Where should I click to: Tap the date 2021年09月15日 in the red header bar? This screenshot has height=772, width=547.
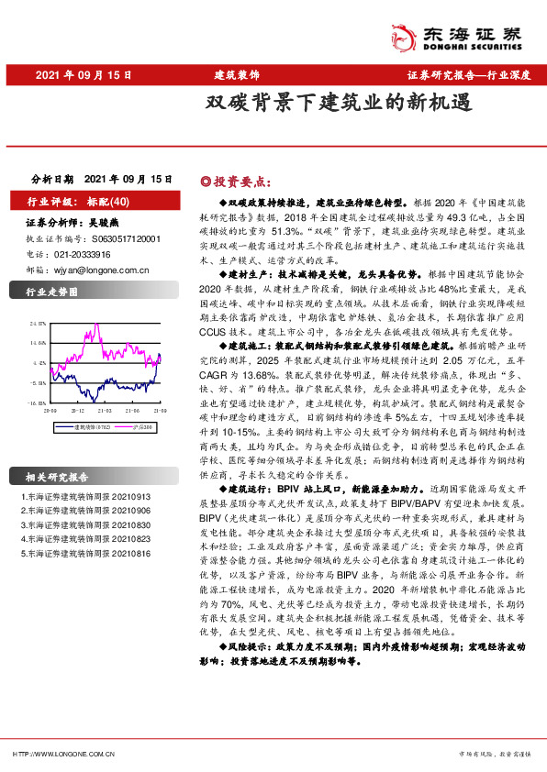[84, 73]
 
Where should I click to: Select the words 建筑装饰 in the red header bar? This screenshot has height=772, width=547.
[236, 73]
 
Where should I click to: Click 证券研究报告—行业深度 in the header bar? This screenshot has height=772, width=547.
[468, 73]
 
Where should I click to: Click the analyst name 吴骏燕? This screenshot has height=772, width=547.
[115, 223]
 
